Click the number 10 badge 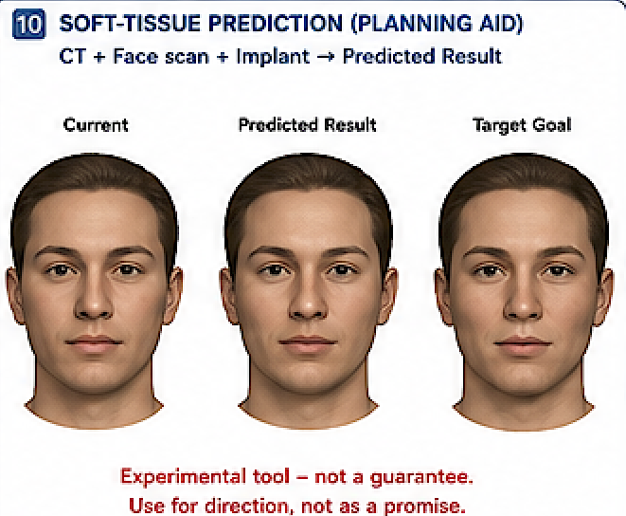(28, 25)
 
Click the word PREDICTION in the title (276, 24)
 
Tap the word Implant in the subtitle (273, 56)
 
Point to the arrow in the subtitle (326, 56)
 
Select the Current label (96, 125)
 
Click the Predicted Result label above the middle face (308, 125)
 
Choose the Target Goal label (522, 125)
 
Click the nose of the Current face (94, 302)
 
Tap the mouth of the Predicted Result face (308, 344)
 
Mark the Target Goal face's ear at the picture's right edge (604, 296)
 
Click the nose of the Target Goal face (523, 302)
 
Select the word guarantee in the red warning (421, 478)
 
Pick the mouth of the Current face (94, 344)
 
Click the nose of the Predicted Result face (308, 302)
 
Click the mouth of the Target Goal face (523, 345)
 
